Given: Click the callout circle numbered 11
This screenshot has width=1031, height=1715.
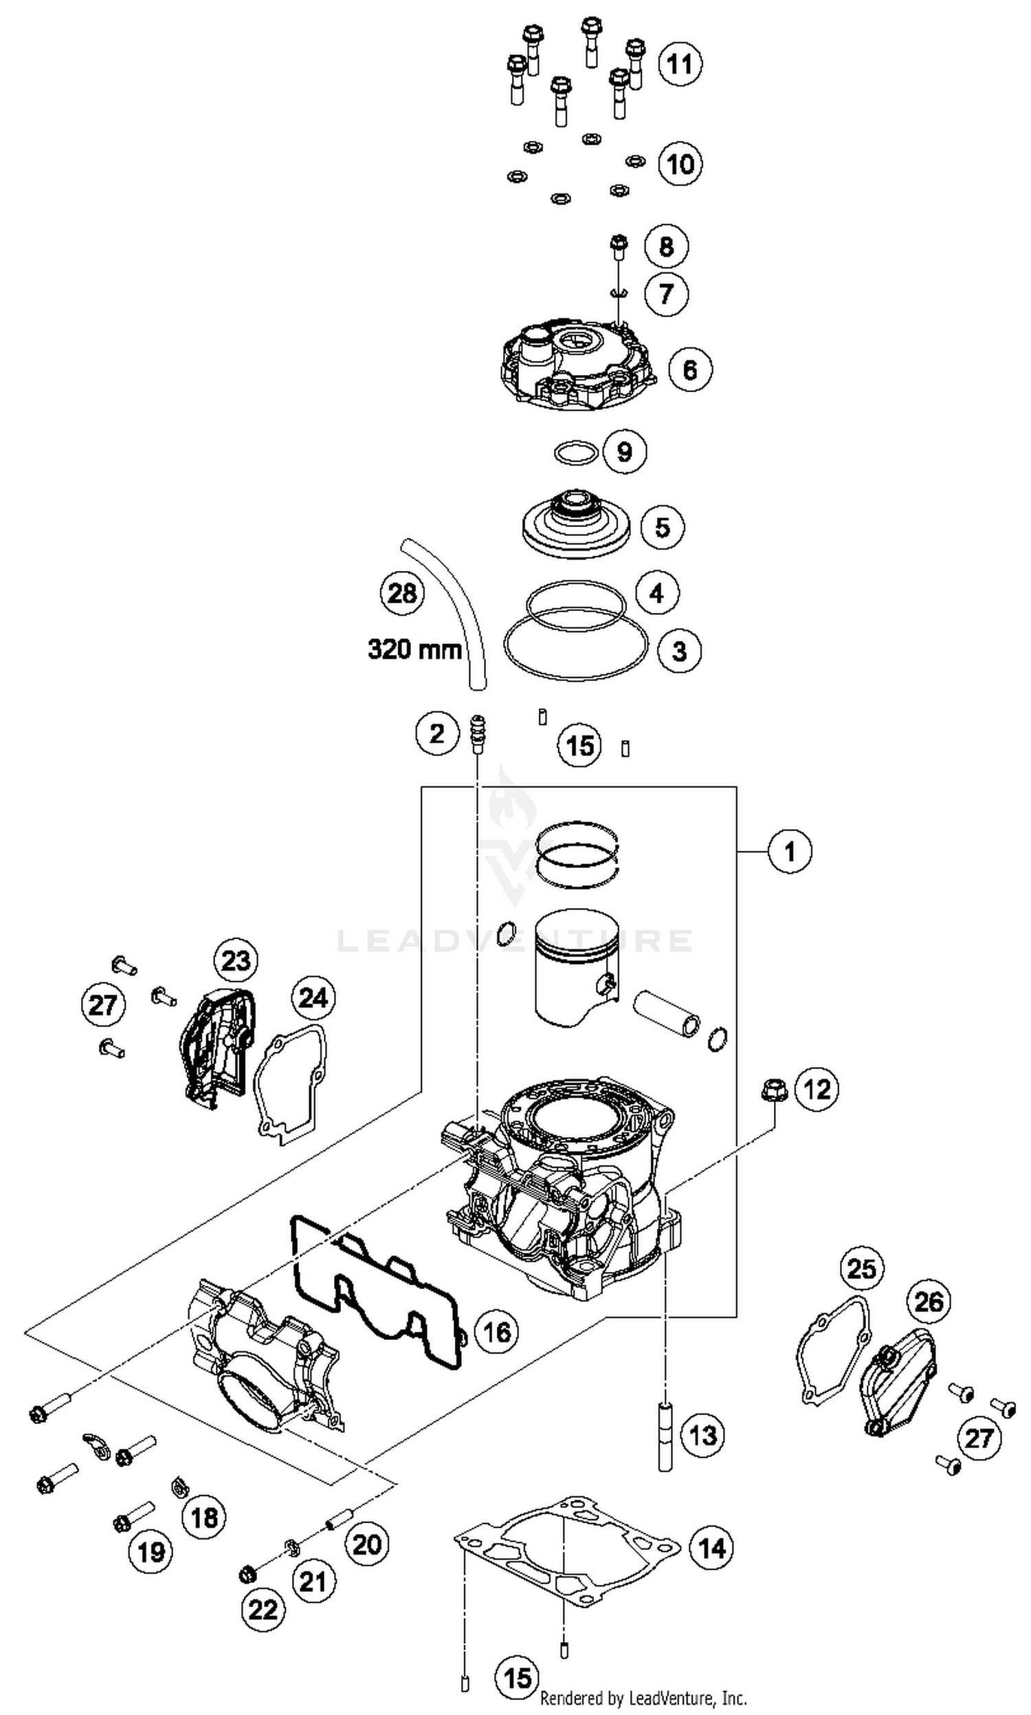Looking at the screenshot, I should click(x=679, y=64).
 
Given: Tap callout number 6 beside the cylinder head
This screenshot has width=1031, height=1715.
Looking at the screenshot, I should click(x=690, y=369).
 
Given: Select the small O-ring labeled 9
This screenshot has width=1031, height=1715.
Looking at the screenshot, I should click(x=576, y=453).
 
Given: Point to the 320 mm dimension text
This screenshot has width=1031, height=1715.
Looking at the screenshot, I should click(x=414, y=650).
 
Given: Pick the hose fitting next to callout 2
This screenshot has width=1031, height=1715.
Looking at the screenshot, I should click(x=476, y=734).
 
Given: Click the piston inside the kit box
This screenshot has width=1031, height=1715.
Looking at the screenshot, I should click(x=576, y=967).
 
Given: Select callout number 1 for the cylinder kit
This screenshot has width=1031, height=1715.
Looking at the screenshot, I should click(x=789, y=850).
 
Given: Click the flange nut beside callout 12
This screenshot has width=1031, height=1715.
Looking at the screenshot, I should click(x=772, y=1090).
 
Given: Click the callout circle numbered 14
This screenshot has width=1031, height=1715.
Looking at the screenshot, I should click(x=711, y=1548).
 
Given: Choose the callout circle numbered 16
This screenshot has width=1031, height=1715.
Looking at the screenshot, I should click(x=497, y=1332).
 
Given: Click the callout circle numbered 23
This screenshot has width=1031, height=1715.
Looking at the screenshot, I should click(x=236, y=961).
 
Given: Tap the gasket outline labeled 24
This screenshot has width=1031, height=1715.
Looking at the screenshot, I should click(x=291, y=1082).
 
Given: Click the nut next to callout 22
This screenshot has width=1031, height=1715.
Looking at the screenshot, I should click(x=247, y=1574).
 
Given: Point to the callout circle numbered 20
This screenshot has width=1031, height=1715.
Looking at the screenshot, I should click(x=366, y=1544).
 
